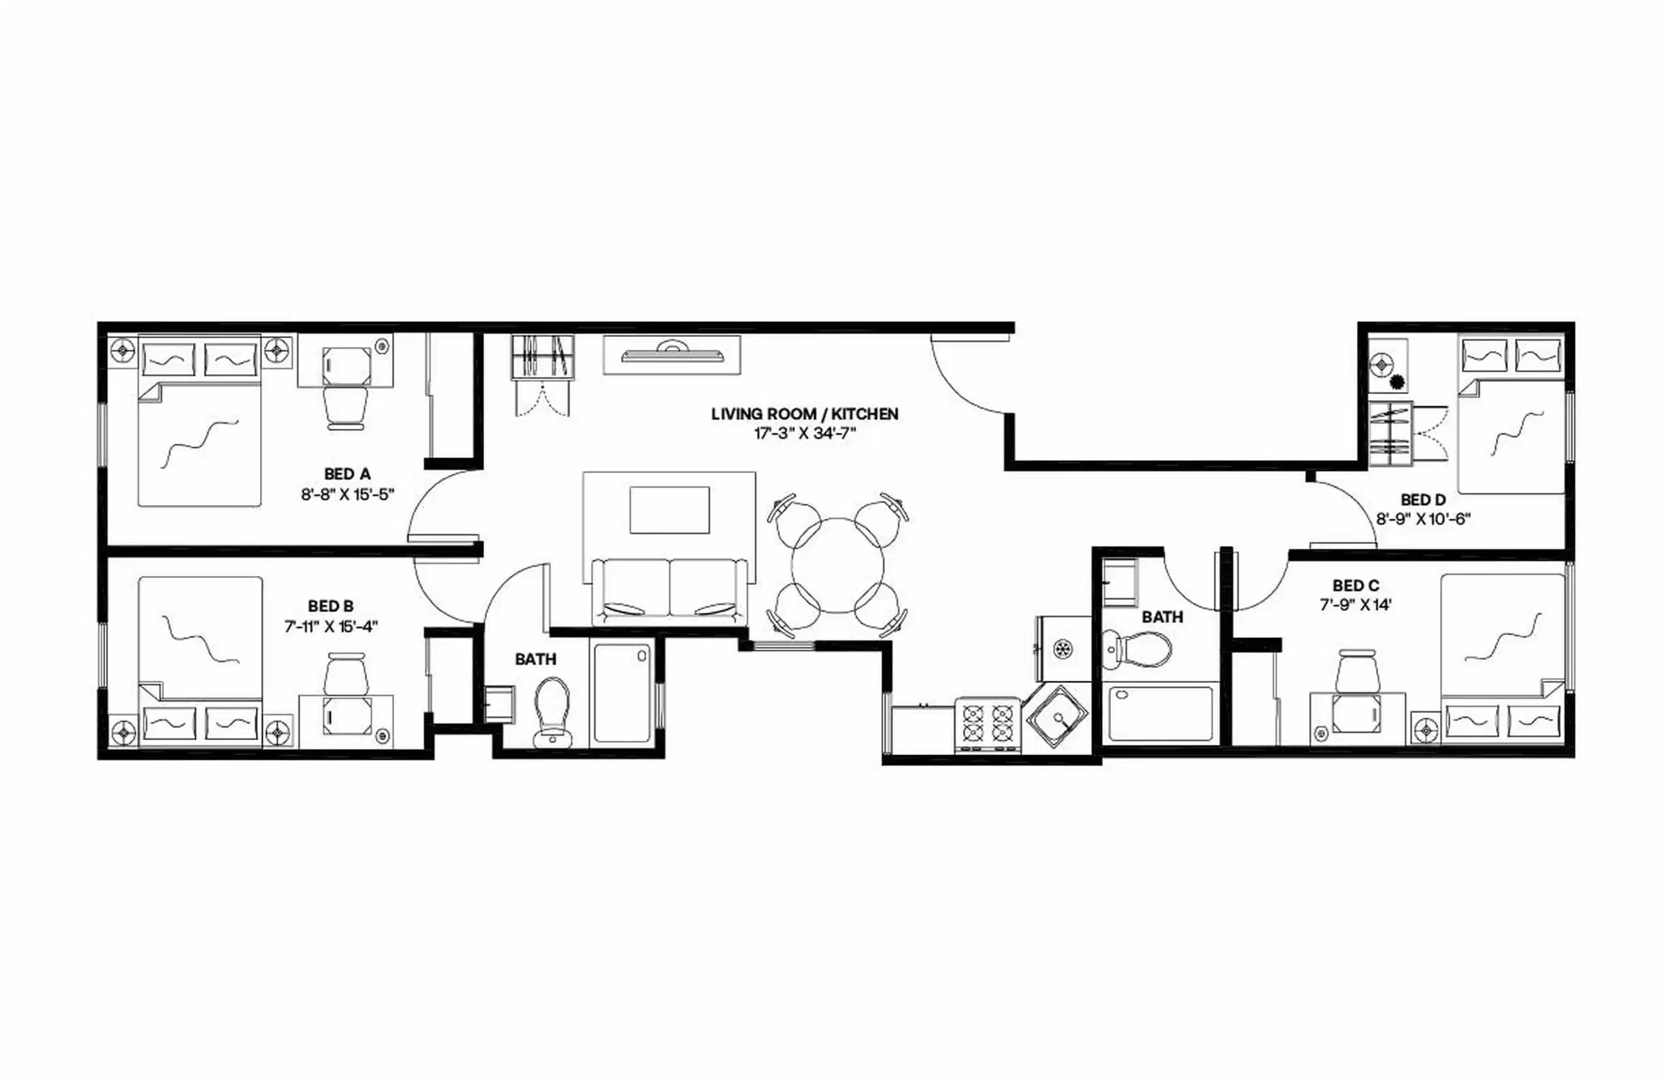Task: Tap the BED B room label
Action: point(330,606)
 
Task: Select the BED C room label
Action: point(1355,585)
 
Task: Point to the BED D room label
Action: point(1423,500)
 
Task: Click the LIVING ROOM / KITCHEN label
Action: point(804,414)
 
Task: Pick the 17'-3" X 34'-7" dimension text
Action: point(805,434)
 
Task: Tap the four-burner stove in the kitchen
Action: point(988,724)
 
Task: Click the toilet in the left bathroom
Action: point(552,710)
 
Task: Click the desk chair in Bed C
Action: point(1358,671)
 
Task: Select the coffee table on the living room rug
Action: point(669,510)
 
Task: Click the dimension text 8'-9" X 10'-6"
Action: point(1423,519)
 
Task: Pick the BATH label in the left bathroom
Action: point(535,659)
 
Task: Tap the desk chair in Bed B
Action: point(345,673)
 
